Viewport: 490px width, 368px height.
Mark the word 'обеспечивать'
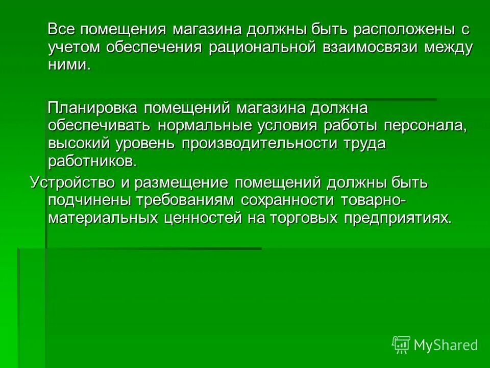coord(99,126)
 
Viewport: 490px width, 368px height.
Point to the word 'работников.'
coord(92,162)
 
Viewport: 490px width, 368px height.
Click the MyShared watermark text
coord(446,345)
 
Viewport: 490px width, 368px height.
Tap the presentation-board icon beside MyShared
coord(401,344)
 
